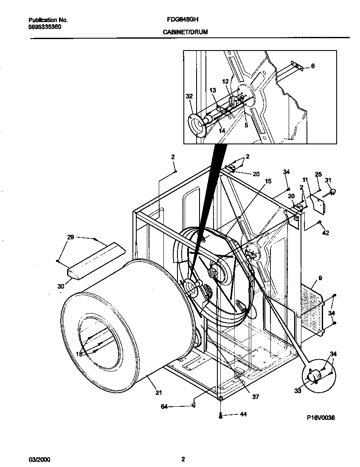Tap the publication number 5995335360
tap(45, 26)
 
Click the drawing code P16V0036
tap(321, 418)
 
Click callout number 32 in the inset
tap(189, 96)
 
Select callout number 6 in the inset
tap(313, 66)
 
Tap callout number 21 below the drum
tap(158, 393)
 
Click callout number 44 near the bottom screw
tap(243, 414)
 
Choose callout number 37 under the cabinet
tap(255, 397)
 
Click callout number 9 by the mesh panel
tap(320, 279)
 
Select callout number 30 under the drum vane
tap(61, 286)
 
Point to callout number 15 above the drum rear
tap(268, 181)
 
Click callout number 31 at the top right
tap(328, 180)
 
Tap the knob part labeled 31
tap(332, 193)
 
